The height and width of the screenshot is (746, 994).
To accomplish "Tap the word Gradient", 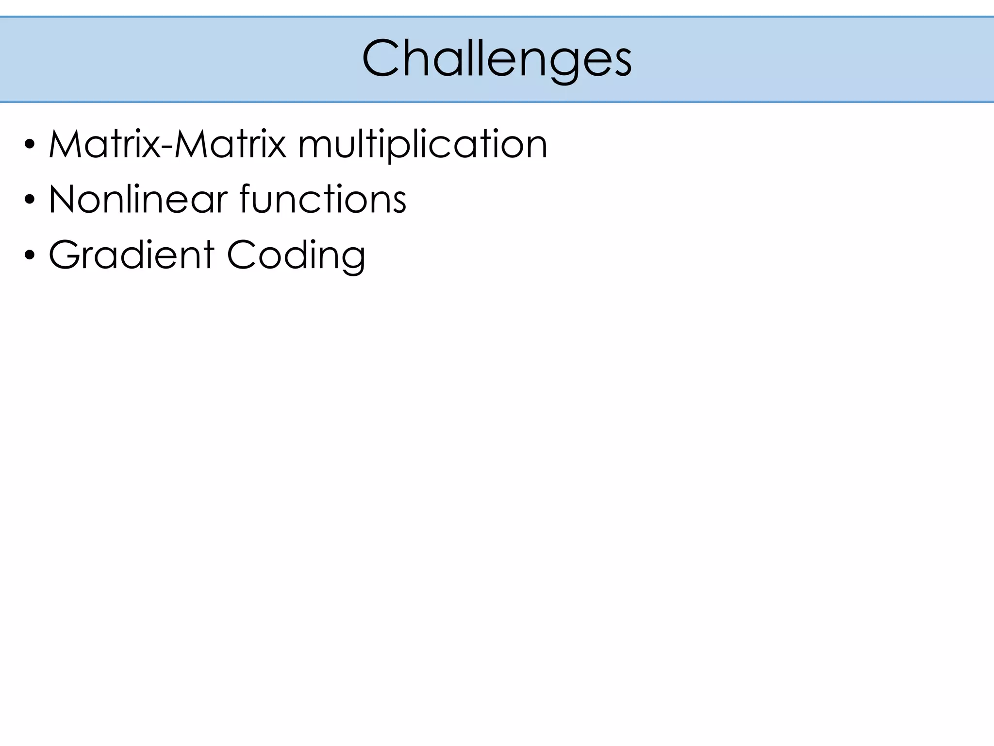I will (x=132, y=254).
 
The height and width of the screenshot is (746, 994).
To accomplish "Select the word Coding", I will (x=296, y=255).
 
